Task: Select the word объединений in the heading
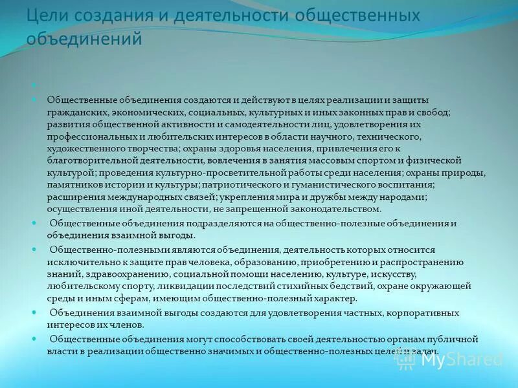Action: (84, 39)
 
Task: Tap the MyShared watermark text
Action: (462, 359)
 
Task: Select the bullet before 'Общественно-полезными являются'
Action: (34, 250)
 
